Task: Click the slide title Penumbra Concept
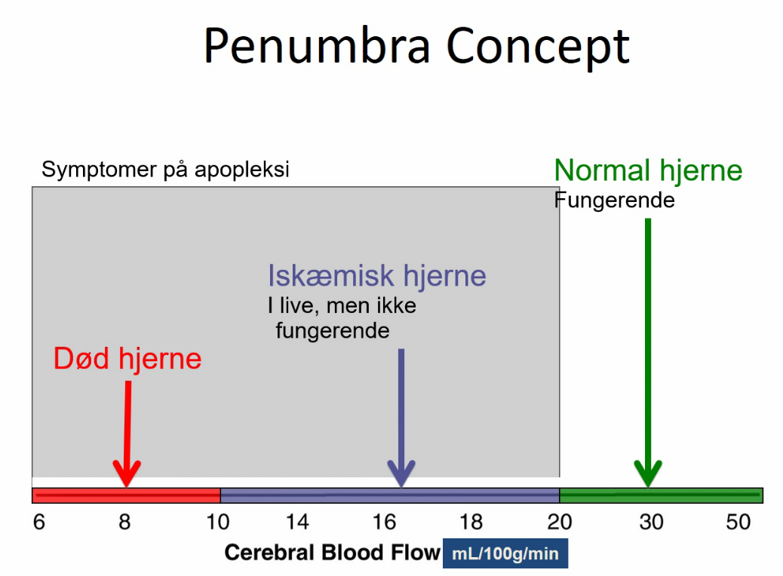click(x=416, y=47)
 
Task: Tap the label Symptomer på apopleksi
click(x=165, y=170)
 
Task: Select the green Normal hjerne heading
click(x=648, y=170)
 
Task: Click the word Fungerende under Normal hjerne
click(x=615, y=200)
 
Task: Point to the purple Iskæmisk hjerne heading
click(x=377, y=275)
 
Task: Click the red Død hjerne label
click(x=127, y=358)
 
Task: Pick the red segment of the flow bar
click(x=126, y=495)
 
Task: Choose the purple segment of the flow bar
click(x=390, y=495)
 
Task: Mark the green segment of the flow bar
click(x=661, y=495)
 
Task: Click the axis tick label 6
click(x=39, y=522)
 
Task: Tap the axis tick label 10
click(x=218, y=522)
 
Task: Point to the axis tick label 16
click(x=384, y=522)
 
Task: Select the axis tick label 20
click(x=559, y=522)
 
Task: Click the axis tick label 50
click(x=738, y=522)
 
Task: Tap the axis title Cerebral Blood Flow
click(x=333, y=553)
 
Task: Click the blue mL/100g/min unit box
click(x=505, y=553)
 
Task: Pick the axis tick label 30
click(x=651, y=522)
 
